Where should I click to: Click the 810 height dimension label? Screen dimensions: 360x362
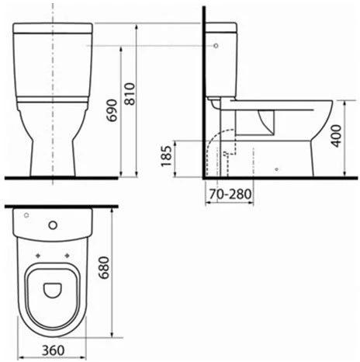[x=130, y=94]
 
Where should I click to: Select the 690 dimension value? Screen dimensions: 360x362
[x=112, y=110]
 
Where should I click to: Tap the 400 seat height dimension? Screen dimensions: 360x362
[x=337, y=136]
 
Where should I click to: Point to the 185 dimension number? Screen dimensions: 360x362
[x=166, y=156]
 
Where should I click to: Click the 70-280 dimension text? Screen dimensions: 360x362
[x=230, y=193]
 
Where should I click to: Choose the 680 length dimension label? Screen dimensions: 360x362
[x=104, y=267]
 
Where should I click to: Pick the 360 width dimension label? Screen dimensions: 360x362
[x=54, y=350]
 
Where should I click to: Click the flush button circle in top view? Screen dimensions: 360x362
[x=53, y=225]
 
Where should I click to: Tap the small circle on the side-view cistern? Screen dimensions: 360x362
[x=216, y=46]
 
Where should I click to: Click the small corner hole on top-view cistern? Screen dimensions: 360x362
[x=26, y=215]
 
